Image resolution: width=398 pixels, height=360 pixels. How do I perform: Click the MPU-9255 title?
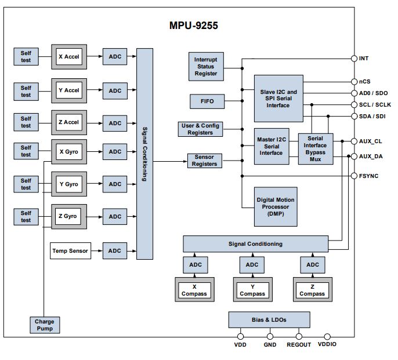tap(193, 26)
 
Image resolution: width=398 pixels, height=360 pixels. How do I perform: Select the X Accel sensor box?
tap(69, 57)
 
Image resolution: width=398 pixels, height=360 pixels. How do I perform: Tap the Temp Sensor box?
tap(70, 250)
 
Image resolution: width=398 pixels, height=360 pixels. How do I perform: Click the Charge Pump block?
tap(45, 325)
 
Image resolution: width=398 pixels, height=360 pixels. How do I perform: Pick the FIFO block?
tap(207, 101)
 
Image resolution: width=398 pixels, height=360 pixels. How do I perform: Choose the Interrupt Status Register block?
tap(206, 67)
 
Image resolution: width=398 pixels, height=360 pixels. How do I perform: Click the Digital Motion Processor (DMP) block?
tap(276, 207)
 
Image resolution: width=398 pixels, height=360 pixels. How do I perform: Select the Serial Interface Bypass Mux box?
tap(316, 149)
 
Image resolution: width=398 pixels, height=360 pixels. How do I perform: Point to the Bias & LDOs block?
tap(269, 319)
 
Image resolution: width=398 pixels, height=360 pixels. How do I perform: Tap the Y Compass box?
tap(252, 289)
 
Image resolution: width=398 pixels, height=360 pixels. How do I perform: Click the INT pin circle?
tap(354, 59)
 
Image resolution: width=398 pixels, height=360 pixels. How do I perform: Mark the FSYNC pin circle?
tap(354, 176)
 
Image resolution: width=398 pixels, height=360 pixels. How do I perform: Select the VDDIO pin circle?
tap(327, 337)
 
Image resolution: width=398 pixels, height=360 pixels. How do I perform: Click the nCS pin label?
tap(364, 81)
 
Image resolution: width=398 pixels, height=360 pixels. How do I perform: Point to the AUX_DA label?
tap(371, 157)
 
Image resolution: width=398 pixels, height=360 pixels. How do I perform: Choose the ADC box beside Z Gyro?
tap(115, 216)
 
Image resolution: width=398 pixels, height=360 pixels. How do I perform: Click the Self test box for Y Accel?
tap(26, 92)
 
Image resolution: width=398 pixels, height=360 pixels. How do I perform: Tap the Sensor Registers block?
tap(205, 161)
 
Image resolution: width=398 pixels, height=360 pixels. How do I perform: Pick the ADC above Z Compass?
tap(313, 264)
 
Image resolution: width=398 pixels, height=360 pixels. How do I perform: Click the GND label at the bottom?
tap(270, 344)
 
